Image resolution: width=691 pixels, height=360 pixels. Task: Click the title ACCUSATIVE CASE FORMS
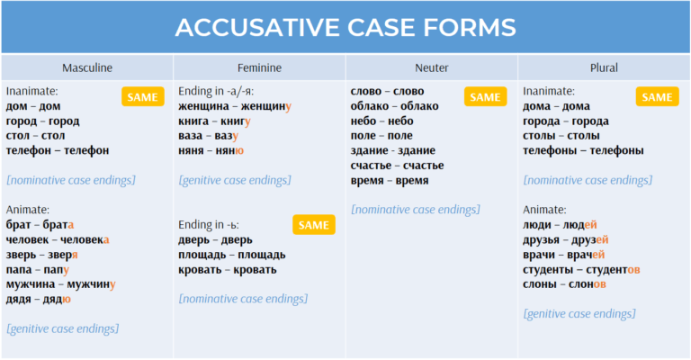[345, 27]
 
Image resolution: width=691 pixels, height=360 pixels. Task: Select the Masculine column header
[87, 67]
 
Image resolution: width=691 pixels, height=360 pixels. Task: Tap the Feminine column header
[259, 67]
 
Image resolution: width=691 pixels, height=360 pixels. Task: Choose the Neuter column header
[432, 67]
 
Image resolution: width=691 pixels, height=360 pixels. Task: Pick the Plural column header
[604, 67]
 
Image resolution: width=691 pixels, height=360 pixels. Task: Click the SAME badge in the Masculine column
[143, 97]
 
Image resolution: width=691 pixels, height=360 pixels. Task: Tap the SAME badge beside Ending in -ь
[314, 225]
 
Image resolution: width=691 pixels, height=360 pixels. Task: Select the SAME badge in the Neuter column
[485, 97]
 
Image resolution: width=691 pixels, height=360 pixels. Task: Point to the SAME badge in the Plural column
[657, 97]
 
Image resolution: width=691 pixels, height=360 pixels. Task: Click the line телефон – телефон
[58, 150]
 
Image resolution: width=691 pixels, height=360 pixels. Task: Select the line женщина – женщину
[235, 106]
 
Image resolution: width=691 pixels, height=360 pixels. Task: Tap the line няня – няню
[211, 150]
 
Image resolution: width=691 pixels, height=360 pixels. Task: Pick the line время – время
[390, 181]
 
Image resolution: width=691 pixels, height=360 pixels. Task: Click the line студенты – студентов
[581, 270]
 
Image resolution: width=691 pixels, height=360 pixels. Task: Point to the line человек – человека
[58, 240]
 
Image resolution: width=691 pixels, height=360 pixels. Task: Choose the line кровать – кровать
[228, 270]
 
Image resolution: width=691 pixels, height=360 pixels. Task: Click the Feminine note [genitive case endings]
[235, 180]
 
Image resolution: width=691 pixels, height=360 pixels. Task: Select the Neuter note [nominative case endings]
[415, 210]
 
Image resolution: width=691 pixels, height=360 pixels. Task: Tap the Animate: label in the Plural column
[544, 210]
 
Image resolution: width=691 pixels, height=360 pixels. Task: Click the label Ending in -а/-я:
[216, 91]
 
